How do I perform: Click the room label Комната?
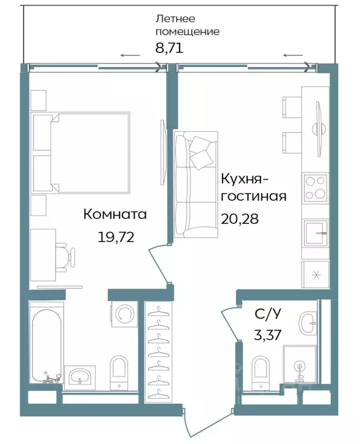point(115,214)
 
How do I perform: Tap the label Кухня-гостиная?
point(254,187)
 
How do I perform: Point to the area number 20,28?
point(240,219)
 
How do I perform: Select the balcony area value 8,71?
point(169,49)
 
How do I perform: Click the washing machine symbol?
point(124,314)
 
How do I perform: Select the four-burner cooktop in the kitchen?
point(316,187)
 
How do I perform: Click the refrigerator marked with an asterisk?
point(316,275)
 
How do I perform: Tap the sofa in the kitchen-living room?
point(196,183)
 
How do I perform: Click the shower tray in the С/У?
point(299,365)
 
